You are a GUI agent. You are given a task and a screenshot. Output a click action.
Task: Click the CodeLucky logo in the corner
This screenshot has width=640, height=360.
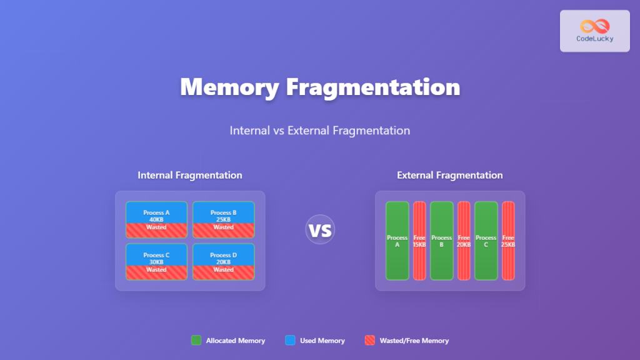click(x=594, y=31)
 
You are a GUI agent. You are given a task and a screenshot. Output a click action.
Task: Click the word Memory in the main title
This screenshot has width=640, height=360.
click(x=229, y=87)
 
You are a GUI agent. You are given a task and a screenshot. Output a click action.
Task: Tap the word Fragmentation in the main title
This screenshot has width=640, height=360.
click(x=373, y=87)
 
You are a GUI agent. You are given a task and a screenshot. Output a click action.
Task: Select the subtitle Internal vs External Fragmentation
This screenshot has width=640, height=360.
click(x=320, y=131)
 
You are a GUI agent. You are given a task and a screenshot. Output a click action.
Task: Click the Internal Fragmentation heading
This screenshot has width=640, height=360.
click(x=190, y=176)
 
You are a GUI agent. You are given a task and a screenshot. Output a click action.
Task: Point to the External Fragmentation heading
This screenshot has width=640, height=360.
click(x=450, y=176)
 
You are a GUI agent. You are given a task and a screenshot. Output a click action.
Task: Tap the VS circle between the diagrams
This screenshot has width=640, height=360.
click(x=320, y=229)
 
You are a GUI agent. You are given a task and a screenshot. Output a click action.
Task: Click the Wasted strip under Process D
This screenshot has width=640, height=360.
click(x=223, y=272)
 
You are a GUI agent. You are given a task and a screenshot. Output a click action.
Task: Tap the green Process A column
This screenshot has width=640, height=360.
click(x=397, y=241)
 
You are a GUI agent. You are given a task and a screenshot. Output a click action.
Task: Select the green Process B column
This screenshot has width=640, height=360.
click(x=442, y=241)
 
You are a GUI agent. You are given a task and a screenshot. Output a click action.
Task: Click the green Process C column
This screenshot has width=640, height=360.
click(x=486, y=241)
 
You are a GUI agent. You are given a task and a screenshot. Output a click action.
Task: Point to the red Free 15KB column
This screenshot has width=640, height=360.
click(x=419, y=241)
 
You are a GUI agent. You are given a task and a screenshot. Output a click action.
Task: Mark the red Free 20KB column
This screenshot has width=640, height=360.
click(x=464, y=241)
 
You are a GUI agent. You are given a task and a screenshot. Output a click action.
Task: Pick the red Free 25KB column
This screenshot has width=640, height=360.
click(x=508, y=241)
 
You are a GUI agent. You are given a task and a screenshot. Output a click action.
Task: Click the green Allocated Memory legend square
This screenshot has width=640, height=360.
click(x=196, y=341)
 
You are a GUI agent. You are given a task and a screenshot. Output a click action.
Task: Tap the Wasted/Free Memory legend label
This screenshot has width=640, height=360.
click(x=414, y=341)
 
